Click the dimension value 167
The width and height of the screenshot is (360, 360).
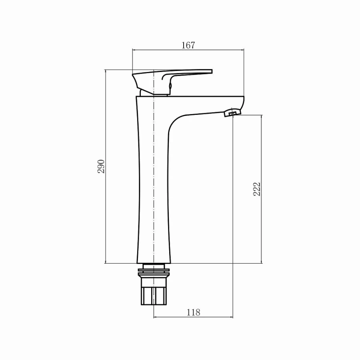pos(188,45)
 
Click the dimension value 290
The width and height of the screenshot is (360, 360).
pos(101,166)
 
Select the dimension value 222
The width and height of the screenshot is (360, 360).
pos(257,189)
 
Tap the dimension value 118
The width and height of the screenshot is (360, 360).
pos(193,312)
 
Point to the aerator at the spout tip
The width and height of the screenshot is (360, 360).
pos(232,113)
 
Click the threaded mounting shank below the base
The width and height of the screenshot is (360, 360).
pos(154,295)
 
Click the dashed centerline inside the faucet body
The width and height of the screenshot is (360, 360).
pos(154,180)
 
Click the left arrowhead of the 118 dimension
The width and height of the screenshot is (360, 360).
pos(156,317)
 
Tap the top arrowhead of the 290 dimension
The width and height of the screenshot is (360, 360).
pos(106,72)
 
